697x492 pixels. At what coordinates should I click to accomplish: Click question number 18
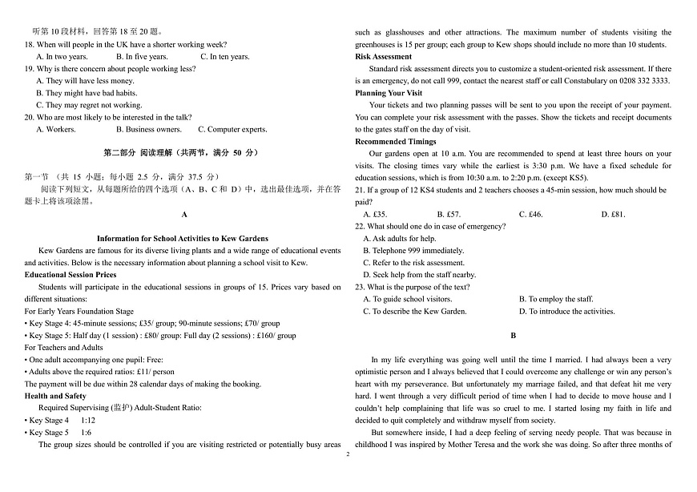click(x=30, y=45)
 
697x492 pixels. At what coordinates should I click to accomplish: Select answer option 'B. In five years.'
click(x=142, y=57)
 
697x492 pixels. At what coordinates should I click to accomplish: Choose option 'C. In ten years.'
click(x=225, y=57)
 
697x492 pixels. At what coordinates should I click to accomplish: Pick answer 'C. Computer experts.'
click(x=232, y=129)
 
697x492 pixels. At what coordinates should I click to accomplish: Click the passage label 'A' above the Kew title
click(x=183, y=215)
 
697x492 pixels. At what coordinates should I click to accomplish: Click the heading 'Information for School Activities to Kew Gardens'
click(x=183, y=239)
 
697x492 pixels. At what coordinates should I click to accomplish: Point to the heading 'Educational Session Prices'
click(x=71, y=275)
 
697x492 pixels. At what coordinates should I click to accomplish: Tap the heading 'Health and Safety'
click(x=55, y=396)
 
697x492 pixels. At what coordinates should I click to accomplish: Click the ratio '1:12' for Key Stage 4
click(x=88, y=420)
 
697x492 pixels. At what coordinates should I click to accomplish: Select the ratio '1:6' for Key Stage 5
click(x=87, y=432)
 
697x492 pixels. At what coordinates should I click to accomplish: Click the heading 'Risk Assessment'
click(x=383, y=57)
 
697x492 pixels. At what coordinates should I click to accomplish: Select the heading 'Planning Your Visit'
click(x=389, y=93)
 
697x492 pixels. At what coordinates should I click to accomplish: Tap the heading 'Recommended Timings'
click(x=396, y=141)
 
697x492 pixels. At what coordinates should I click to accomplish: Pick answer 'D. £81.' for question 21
click(x=613, y=215)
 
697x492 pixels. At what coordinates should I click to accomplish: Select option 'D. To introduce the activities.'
click(x=566, y=311)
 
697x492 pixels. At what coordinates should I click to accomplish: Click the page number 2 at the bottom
click(x=348, y=454)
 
